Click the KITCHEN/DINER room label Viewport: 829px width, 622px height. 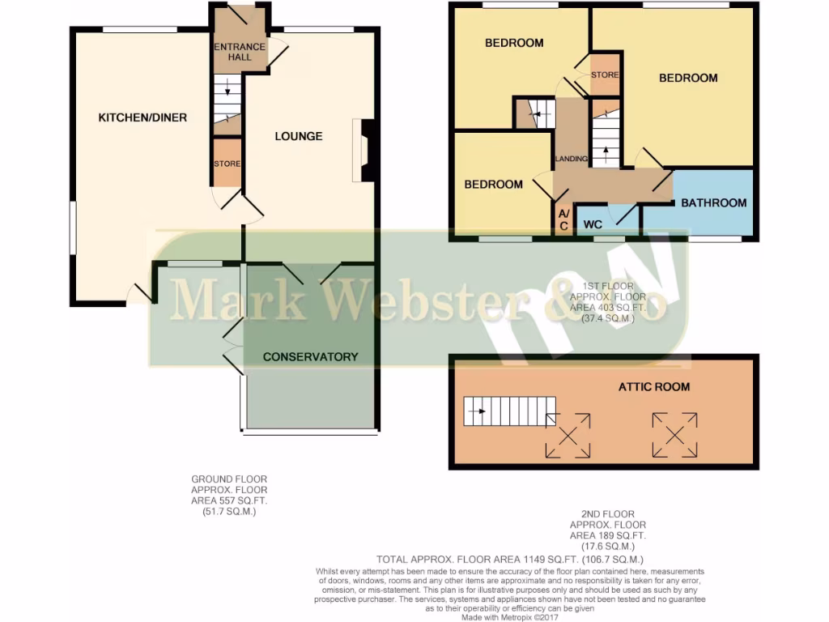(x=142, y=117)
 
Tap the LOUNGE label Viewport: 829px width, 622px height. (x=298, y=136)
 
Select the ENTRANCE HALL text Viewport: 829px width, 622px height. (x=240, y=52)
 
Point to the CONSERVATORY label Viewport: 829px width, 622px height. (x=310, y=356)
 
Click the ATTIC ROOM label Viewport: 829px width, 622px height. (x=654, y=386)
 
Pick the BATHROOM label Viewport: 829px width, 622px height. (x=713, y=202)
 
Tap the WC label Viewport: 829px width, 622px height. (x=593, y=223)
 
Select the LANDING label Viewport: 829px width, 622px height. (x=571, y=159)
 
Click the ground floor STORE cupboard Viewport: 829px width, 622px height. (x=227, y=164)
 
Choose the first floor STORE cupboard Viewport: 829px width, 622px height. (x=604, y=75)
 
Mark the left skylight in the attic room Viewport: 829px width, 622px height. (x=568, y=435)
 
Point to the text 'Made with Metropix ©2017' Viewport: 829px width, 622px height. (x=512, y=616)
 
